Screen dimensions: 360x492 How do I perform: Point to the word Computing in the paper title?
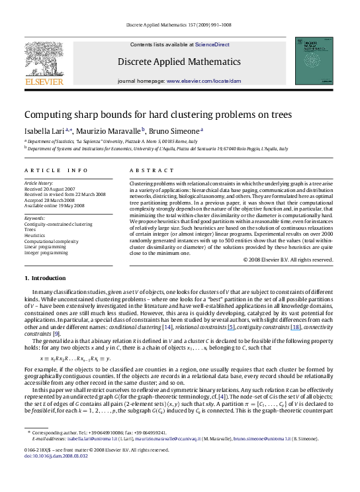pyautogui.click(x=48, y=114)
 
